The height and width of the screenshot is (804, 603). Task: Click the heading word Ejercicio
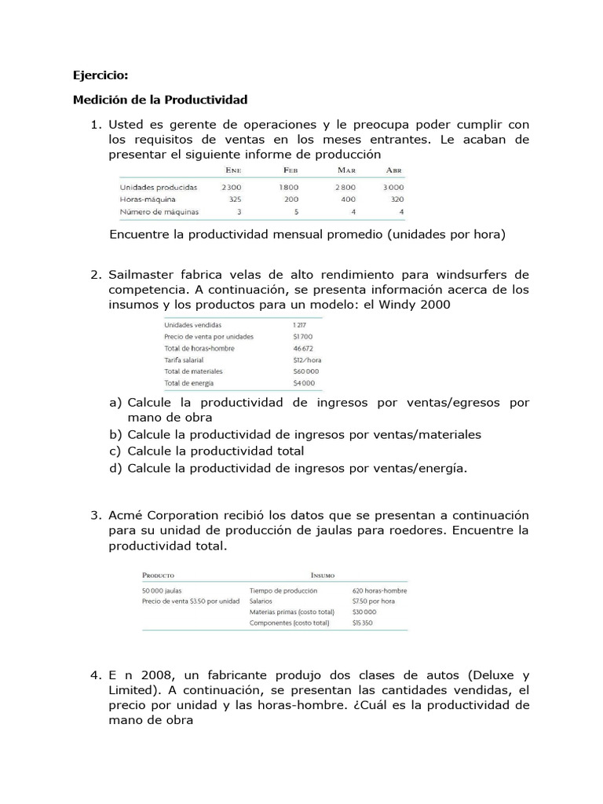pyautogui.click(x=100, y=75)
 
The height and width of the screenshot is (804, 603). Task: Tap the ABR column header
pyautogui.click(x=394, y=170)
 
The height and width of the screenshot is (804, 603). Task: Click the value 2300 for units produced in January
pyautogui.click(x=232, y=188)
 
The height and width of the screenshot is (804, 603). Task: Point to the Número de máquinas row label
pyautogui.click(x=159, y=212)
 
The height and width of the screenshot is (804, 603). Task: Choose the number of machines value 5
pyautogui.click(x=296, y=212)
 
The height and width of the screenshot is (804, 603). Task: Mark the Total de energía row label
pyautogui.click(x=189, y=383)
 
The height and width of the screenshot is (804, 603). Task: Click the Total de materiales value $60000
pyautogui.click(x=305, y=371)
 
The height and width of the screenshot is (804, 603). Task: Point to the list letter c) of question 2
pyautogui.click(x=115, y=451)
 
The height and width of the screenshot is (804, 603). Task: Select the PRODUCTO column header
pyautogui.click(x=158, y=575)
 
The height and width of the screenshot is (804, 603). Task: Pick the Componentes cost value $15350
pyautogui.click(x=364, y=623)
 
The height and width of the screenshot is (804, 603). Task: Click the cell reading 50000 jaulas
pyautogui.click(x=163, y=590)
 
